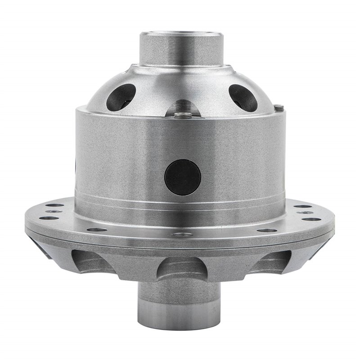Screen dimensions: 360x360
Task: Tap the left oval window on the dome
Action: pos(121,97)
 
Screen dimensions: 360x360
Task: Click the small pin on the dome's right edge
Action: pos(279,107)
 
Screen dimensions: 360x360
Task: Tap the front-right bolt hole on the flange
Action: pos(266,230)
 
